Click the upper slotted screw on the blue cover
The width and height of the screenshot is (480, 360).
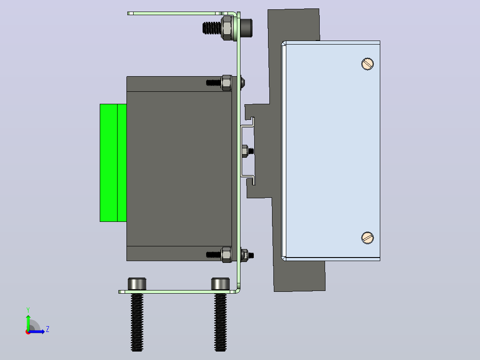(x=367, y=64)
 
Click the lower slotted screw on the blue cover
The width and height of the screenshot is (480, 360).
(x=367, y=238)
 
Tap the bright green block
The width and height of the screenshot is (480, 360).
(x=113, y=163)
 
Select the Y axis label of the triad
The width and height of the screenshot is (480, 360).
(x=28, y=310)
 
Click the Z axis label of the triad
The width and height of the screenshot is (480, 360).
(x=48, y=329)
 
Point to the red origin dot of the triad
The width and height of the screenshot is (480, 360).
(x=28, y=332)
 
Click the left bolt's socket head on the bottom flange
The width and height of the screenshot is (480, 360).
(x=137, y=284)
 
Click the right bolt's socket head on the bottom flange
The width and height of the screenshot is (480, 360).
(x=220, y=284)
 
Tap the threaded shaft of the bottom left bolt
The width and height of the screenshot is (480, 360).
(x=137, y=322)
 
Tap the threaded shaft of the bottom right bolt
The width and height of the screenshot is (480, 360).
(x=220, y=322)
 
